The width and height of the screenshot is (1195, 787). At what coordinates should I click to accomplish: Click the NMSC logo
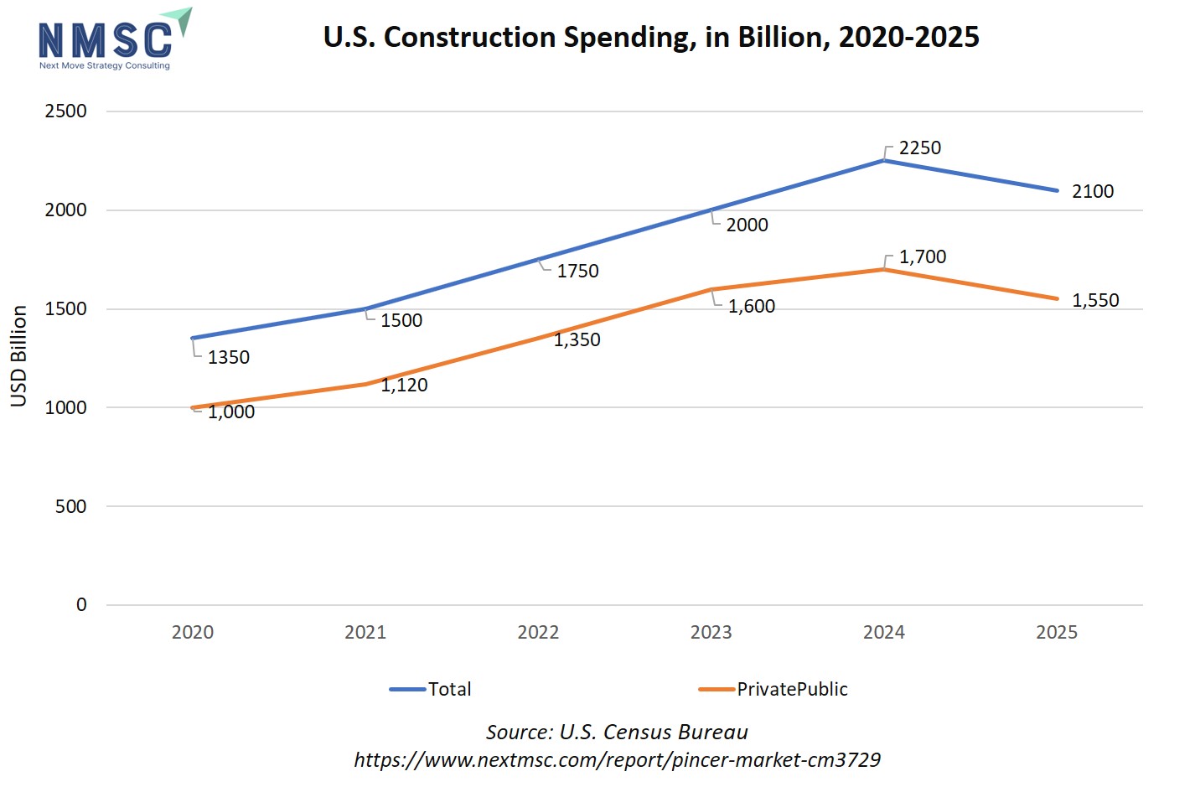112,39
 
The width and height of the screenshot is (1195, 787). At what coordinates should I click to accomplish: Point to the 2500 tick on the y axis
66,111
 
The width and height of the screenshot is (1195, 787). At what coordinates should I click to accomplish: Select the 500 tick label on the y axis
71,506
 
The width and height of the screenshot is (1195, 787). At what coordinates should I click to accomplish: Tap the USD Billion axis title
19,356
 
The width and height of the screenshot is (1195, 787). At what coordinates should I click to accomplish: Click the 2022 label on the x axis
538,633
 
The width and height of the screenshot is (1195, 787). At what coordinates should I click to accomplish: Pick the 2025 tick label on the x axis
1057,633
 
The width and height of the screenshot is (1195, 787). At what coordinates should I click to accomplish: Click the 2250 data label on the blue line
920,148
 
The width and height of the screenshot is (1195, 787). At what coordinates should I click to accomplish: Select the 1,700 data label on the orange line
923,257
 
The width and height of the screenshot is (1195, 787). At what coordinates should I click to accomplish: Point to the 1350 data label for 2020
229,358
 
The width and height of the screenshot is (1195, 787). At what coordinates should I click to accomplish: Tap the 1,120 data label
404,386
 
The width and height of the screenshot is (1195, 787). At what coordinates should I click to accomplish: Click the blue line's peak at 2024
884,160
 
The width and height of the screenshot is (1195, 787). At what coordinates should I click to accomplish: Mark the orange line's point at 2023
711,290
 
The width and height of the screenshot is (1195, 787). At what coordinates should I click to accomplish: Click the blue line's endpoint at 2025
1057,190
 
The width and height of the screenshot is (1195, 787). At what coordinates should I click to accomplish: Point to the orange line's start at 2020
194,408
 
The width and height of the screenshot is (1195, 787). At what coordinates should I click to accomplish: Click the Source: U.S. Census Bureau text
617,733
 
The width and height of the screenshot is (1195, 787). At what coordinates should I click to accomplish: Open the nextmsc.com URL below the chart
617,760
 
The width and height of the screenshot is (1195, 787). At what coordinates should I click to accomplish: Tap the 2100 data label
1093,192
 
